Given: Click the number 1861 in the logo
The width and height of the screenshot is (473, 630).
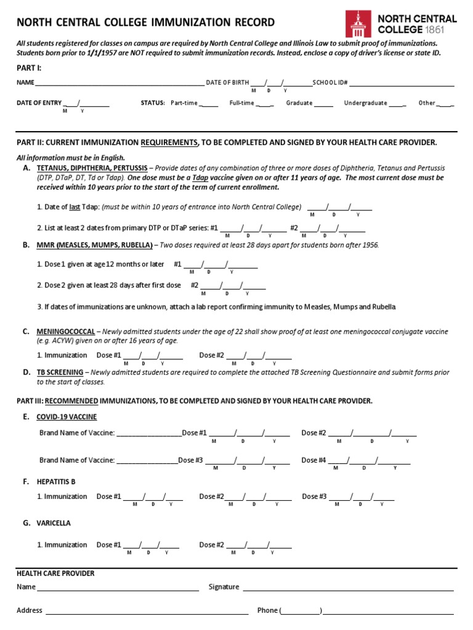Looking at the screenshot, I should point(443,29).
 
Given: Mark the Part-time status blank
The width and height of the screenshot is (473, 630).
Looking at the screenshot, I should point(209,103).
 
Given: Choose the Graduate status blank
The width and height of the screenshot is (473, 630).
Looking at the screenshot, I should point(323,103).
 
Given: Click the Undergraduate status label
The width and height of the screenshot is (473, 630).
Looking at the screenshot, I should point(365,103).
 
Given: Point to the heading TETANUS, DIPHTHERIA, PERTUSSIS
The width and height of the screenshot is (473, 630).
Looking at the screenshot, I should point(92,168).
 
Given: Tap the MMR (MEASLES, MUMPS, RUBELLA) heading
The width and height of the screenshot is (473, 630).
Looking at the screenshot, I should point(94,245).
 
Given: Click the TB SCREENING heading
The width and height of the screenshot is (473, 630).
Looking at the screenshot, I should point(59,372).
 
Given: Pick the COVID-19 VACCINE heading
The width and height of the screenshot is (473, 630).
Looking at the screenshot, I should point(67,417).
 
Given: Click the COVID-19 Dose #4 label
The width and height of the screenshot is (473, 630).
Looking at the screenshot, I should point(313,460).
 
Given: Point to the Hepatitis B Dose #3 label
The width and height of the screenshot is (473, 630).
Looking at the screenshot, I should point(314,496).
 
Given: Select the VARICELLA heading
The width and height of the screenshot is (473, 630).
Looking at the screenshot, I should point(54,523).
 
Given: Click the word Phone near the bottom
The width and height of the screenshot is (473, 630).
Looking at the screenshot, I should point(267,610).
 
